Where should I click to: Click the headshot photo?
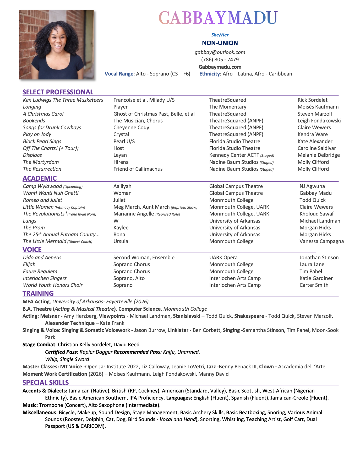(57, 45)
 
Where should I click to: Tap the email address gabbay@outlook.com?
(220, 52)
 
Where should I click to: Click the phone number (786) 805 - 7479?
(220, 60)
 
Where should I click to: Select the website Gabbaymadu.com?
(220, 67)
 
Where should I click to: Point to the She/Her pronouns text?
(220, 35)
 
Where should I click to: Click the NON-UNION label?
(220, 43)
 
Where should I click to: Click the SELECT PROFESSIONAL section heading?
(58, 92)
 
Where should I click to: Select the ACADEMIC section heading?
(40, 178)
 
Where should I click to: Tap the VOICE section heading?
(32, 250)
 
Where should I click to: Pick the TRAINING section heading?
(38, 293)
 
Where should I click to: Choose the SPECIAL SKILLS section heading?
(46, 383)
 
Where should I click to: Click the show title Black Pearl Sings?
(42, 141)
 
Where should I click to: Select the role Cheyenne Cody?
(131, 127)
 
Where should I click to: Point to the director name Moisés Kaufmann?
(318, 107)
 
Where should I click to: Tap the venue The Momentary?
(228, 107)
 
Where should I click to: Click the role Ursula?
(121, 241)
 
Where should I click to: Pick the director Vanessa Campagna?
(321, 241)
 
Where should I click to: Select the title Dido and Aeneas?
(42, 257)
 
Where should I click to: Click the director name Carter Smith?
(314, 285)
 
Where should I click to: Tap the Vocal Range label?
(119, 74)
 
